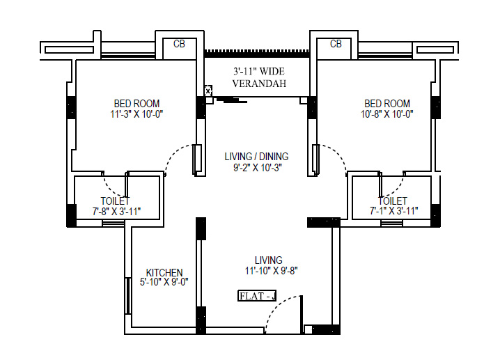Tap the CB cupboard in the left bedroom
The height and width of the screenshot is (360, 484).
tap(179, 45)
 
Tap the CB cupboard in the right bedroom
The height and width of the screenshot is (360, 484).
tap(336, 45)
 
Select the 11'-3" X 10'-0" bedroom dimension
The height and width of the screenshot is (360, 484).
tap(137, 114)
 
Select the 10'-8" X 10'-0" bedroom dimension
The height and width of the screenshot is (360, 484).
tap(387, 114)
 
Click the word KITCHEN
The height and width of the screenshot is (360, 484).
tap(164, 272)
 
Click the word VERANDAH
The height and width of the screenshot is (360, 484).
tap(259, 84)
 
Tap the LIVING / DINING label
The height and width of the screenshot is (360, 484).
tap(256, 157)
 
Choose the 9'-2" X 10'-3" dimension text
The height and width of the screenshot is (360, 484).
tap(256, 167)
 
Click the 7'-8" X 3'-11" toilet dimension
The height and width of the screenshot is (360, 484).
tap(115, 211)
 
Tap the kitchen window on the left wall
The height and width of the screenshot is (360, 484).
tap(127, 296)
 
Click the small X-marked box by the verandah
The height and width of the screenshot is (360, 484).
tap(208, 90)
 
